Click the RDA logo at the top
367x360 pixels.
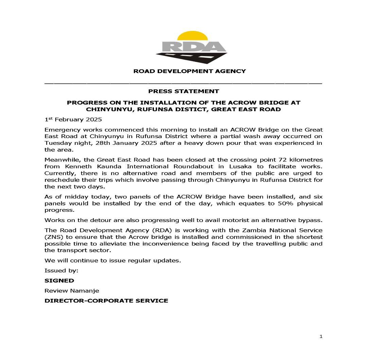click(x=192, y=48)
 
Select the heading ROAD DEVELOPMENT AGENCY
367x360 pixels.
click(x=189, y=71)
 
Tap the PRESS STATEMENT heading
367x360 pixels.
click(x=183, y=91)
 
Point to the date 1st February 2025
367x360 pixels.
click(x=73, y=120)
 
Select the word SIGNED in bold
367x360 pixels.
click(x=59, y=281)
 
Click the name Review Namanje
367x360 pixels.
click(x=72, y=291)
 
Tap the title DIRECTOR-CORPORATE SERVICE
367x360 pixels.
click(x=106, y=301)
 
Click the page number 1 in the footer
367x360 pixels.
click(x=321, y=337)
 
